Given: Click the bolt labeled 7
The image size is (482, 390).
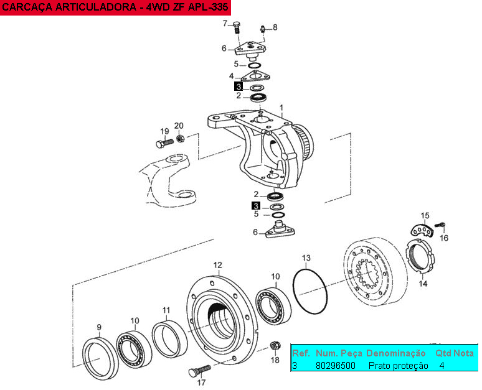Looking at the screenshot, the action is point(237,27).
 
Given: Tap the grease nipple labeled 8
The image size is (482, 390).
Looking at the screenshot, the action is point(262,29).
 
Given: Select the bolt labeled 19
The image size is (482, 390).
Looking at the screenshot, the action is point(165,144).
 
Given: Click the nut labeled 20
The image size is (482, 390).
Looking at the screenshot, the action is point(180,138).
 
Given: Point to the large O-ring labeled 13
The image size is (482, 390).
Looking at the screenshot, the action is point(310,291).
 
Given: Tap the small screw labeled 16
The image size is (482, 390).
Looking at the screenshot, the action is point(440,225).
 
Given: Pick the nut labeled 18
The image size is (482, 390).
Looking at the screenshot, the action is point(275,346).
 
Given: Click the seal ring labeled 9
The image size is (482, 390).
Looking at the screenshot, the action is point(100,358).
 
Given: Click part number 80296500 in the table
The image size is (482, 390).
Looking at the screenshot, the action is point(336,366).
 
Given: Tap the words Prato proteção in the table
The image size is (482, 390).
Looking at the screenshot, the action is point(398,366).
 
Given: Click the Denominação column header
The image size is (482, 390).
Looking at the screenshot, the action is point(395,353).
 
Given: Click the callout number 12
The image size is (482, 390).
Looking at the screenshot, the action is point(217,265).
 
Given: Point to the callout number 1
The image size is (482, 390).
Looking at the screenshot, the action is point(281,108).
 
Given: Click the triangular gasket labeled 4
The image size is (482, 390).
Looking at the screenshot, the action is point(256,75).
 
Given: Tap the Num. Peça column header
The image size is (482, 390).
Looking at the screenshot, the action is point(339,353).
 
